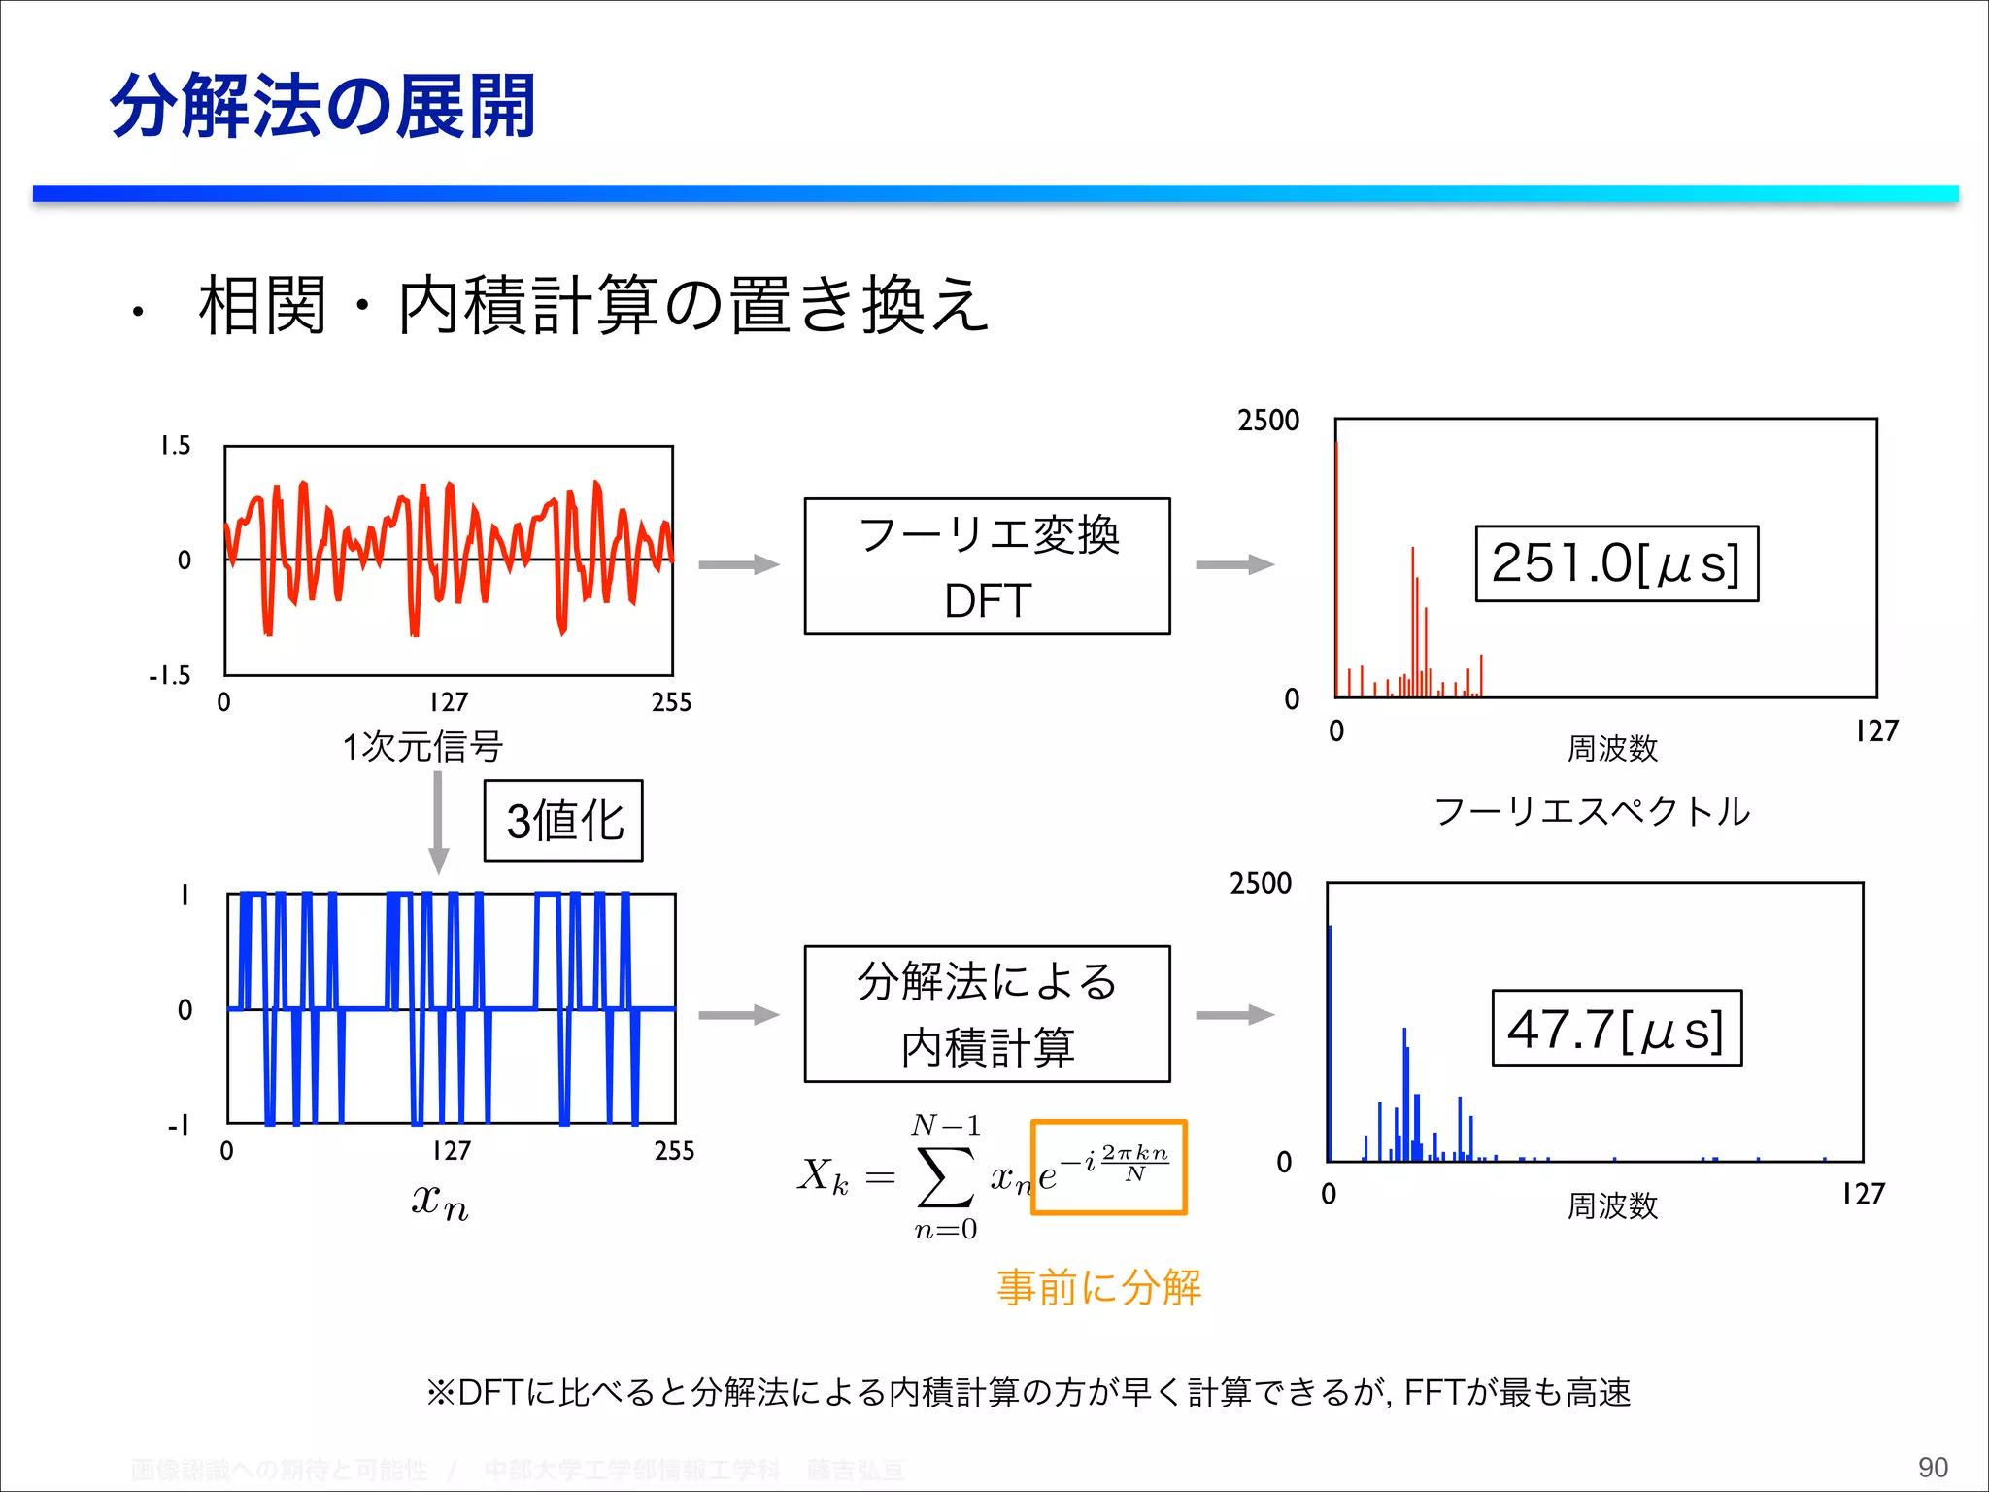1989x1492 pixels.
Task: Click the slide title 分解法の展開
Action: pyautogui.click(x=322, y=106)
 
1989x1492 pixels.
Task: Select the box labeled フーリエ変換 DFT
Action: pyautogui.click(x=987, y=566)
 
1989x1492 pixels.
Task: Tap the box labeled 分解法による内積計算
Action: pyautogui.click(x=987, y=1014)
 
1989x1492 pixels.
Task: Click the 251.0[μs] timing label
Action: pyautogui.click(x=1616, y=563)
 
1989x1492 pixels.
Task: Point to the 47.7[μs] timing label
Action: pyautogui.click(x=1616, y=1029)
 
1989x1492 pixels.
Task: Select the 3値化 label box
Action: pyautogui.click(x=563, y=821)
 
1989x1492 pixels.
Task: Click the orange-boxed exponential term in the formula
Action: pyautogui.click(x=1108, y=1168)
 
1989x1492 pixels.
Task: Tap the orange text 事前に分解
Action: pyautogui.click(x=1098, y=1287)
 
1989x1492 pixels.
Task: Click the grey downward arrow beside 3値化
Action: pyautogui.click(x=438, y=822)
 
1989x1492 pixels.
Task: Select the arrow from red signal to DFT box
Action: pyautogui.click(x=738, y=564)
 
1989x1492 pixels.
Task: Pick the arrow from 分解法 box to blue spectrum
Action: pyautogui.click(x=1233, y=1015)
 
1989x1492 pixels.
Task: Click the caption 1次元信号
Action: pyautogui.click(x=422, y=747)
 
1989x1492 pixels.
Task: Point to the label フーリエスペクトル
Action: pyautogui.click(x=1592, y=811)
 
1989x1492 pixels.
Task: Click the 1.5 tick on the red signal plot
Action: pyautogui.click(x=176, y=446)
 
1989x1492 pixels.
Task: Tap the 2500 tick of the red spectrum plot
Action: pyautogui.click(x=1267, y=421)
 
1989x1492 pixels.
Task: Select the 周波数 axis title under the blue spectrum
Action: pyautogui.click(x=1612, y=1206)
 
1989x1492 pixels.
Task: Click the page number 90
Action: pyautogui.click(x=1932, y=1467)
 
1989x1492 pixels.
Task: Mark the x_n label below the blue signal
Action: pyautogui.click(x=439, y=1202)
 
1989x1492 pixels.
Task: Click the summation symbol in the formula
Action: pyautogui.click(x=945, y=1177)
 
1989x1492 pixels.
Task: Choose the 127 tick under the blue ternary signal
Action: pyautogui.click(x=452, y=1151)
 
